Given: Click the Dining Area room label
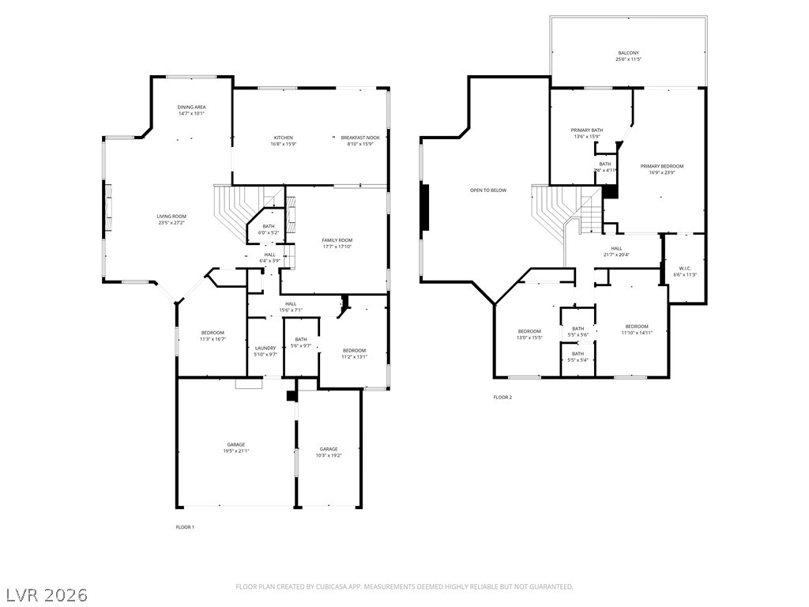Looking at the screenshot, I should pyautogui.click(x=191, y=107).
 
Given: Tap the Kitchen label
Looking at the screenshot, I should pyautogui.click(x=284, y=138).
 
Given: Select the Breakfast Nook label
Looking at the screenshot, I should pyautogui.click(x=360, y=138).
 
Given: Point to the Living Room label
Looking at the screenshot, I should pyautogui.click(x=171, y=216).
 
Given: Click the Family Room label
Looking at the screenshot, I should pyautogui.click(x=337, y=239).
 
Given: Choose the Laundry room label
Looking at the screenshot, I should pyautogui.click(x=265, y=348).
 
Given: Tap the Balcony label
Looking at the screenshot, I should pyautogui.click(x=629, y=53).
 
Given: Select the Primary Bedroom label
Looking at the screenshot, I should pyautogui.click(x=662, y=166).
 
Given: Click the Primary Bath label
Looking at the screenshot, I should pyautogui.click(x=587, y=130).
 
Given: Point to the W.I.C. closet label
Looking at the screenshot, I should pyautogui.click(x=683, y=268).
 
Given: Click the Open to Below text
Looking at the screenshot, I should pyautogui.click(x=488, y=190).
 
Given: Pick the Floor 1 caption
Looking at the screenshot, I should pyautogui.click(x=185, y=527).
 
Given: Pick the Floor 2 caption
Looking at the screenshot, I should pyautogui.click(x=502, y=398).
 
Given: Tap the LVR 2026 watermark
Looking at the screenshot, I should pyautogui.click(x=47, y=594).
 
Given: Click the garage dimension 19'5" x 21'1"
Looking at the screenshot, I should pyautogui.click(x=236, y=451).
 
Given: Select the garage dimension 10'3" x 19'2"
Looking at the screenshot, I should pyautogui.click(x=329, y=455).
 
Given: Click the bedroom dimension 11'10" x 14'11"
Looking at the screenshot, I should pyautogui.click(x=637, y=333).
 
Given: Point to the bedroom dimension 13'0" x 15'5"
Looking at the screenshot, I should pyautogui.click(x=529, y=337).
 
